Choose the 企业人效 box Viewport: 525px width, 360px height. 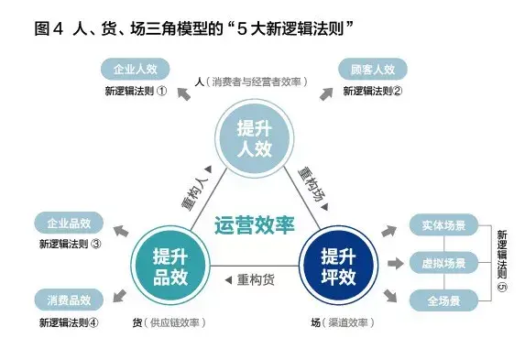coord(135,69)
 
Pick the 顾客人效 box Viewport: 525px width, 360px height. coord(372,69)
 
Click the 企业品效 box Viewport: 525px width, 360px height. coord(68,223)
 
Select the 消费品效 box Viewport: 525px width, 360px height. coord(68,299)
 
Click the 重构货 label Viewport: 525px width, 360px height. coord(255,279)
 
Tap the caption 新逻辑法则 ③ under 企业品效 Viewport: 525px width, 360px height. coord(70,245)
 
